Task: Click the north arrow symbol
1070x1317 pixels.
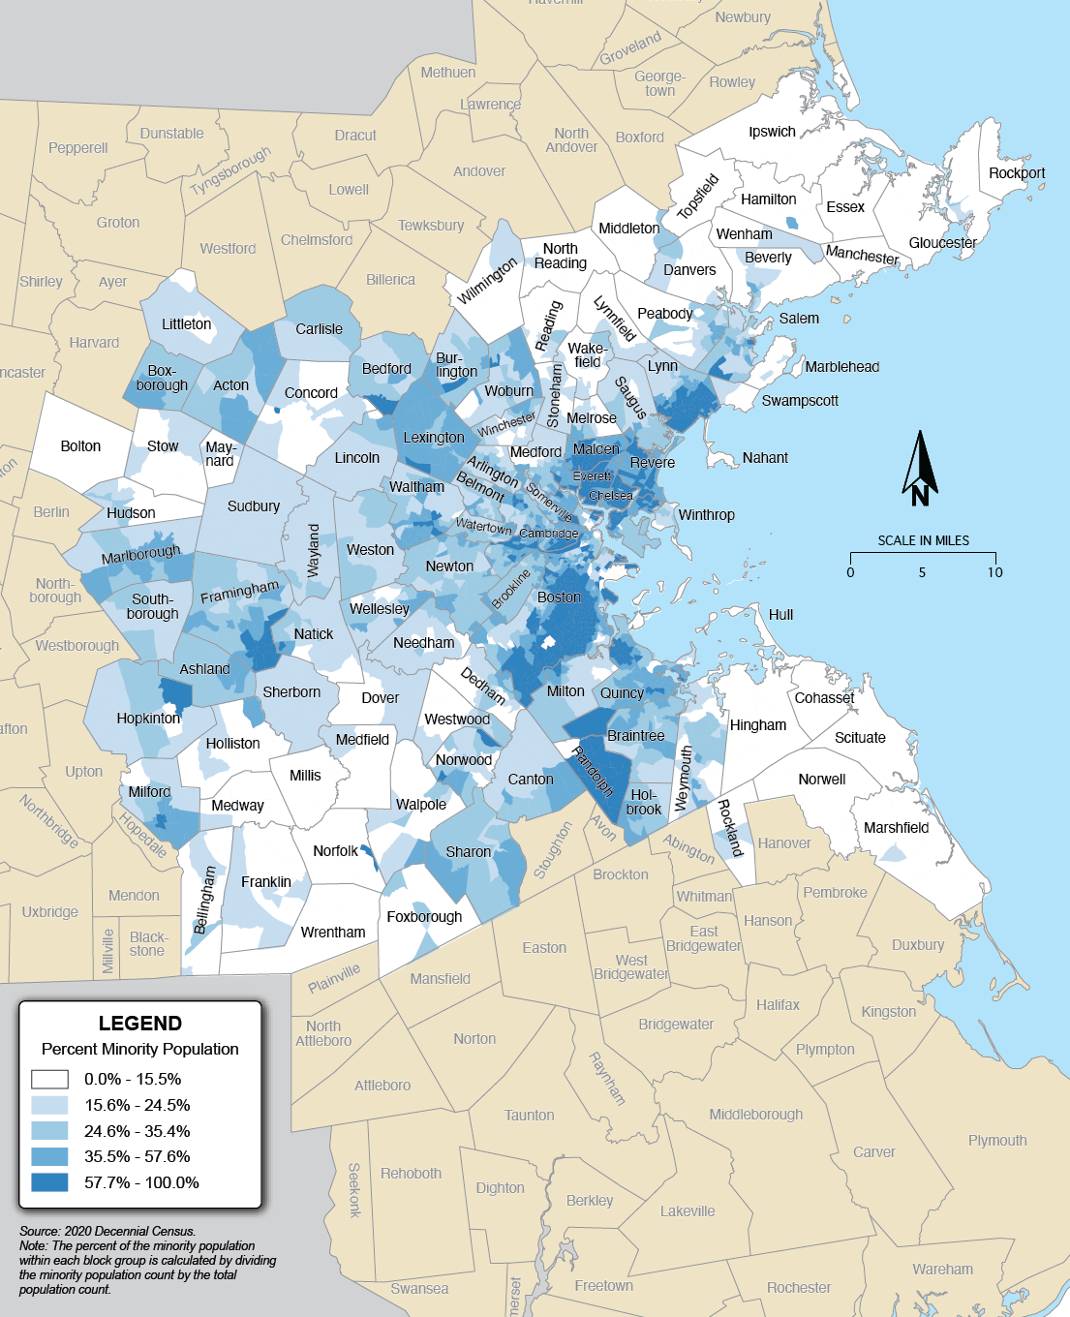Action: tap(920, 469)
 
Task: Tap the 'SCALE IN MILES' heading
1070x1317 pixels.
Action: tap(923, 540)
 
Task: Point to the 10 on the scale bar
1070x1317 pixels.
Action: tap(995, 572)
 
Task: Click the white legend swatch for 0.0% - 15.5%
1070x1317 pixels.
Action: tap(49, 1079)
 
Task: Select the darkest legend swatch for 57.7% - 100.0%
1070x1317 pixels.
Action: tap(49, 1182)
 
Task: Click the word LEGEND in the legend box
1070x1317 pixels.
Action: tap(140, 1024)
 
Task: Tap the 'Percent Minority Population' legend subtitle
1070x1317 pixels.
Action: tap(140, 1049)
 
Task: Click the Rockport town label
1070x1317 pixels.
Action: tap(1017, 173)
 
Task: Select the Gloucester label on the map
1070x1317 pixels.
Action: tap(942, 243)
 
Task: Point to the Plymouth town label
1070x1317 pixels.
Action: tap(997, 1141)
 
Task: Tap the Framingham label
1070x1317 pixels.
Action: tap(239, 592)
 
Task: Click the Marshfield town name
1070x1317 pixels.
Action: tap(896, 828)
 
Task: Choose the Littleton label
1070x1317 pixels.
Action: tap(186, 324)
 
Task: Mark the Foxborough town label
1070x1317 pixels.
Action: tap(424, 917)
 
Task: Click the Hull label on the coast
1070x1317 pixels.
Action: tap(780, 615)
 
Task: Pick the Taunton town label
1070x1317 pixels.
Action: tap(529, 1116)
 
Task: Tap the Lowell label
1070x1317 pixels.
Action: tap(349, 190)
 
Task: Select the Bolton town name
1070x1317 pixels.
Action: tap(80, 446)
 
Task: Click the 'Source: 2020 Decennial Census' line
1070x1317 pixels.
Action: tap(107, 1232)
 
